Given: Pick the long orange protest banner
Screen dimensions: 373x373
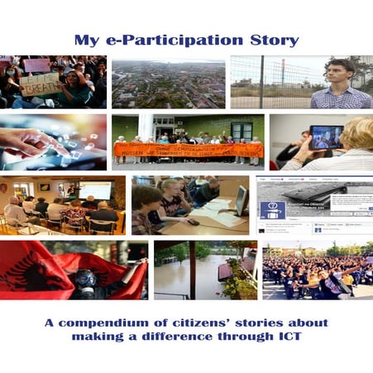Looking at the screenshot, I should click(x=188, y=150).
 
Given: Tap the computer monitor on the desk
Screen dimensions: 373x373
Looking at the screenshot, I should click(x=240, y=199).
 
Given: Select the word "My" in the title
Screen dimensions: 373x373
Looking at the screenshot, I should click(x=86, y=40).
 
